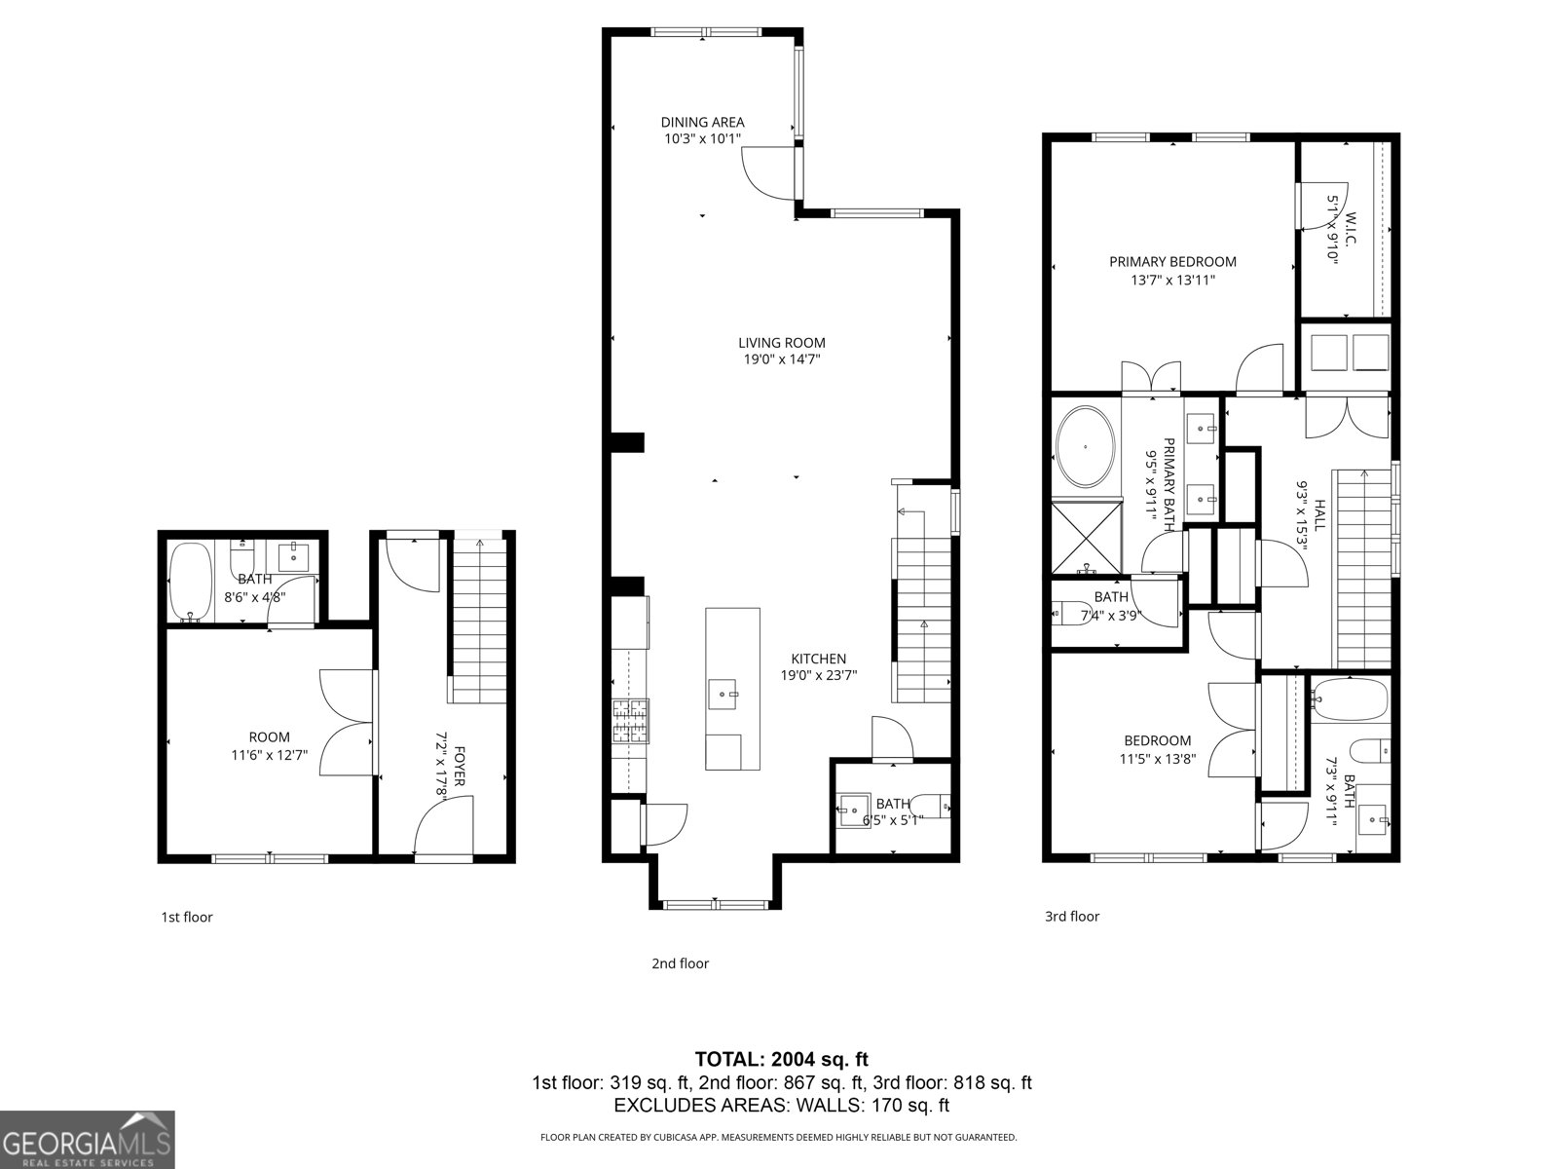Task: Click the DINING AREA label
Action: (702, 122)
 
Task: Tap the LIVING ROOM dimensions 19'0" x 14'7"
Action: (781, 359)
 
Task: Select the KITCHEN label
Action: (818, 659)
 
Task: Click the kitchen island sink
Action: (723, 694)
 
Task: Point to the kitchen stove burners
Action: (630, 722)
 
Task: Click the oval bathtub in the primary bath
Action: (1085, 447)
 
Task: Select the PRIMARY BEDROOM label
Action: (1172, 261)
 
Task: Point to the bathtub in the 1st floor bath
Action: (189, 582)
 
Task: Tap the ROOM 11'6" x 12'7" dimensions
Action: (269, 754)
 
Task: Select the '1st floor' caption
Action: (186, 917)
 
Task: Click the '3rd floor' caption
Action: (1072, 916)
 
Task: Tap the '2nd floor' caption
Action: (680, 963)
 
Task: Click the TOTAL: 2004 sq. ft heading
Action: (781, 1059)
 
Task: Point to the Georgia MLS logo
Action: (87, 1139)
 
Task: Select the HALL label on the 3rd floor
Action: (1320, 514)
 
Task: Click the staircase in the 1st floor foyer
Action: (479, 619)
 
